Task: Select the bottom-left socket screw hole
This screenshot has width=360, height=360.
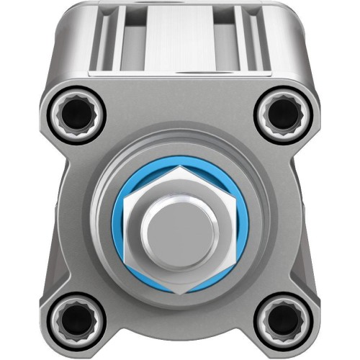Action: coord(75,319)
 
